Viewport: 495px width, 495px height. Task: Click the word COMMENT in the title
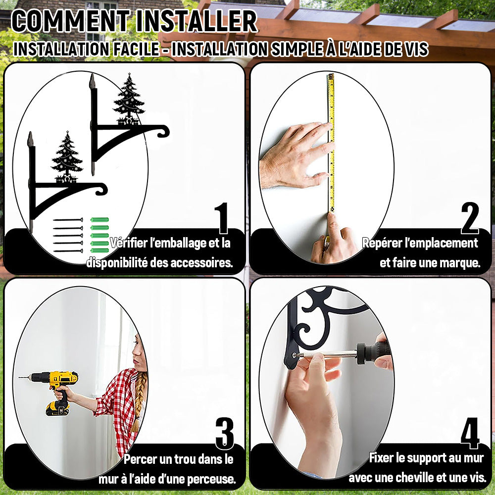(x=71, y=21)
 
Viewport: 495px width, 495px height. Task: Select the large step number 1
(x=222, y=218)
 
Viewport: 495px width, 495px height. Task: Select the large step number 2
(x=470, y=218)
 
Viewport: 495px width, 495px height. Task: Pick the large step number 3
(x=225, y=434)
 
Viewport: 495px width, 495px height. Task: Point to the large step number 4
(x=470, y=433)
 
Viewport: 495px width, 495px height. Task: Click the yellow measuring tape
(x=331, y=142)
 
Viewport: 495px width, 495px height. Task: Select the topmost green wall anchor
(x=100, y=220)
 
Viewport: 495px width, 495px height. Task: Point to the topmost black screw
(x=68, y=220)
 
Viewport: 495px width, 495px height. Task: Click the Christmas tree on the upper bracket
(x=129, y=98)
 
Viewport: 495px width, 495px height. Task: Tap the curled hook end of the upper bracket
(x=163, y=132)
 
